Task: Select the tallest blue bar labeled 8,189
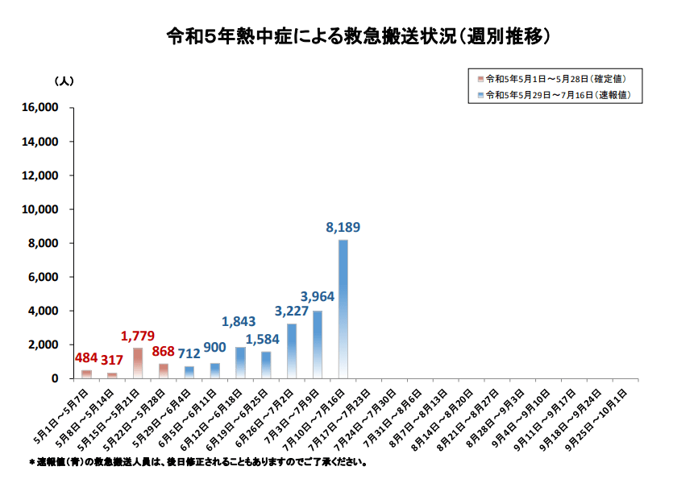343,308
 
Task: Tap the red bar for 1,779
138,363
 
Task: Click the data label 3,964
317,296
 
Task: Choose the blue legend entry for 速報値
552,95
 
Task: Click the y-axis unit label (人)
64,82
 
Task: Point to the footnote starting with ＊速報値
198,464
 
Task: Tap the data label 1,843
239,321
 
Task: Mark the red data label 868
164,352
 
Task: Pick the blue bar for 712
189,372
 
